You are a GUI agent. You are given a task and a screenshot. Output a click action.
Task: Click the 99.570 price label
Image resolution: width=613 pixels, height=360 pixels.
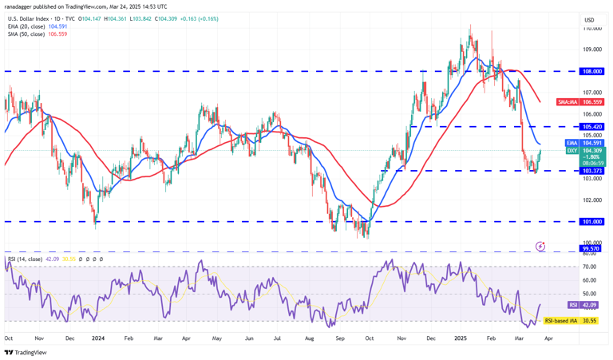pos(590,249)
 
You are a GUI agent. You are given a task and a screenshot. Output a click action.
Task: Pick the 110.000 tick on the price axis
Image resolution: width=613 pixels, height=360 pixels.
pos(591,28)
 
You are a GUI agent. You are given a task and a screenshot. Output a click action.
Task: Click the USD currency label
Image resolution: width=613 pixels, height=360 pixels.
pos(590,20)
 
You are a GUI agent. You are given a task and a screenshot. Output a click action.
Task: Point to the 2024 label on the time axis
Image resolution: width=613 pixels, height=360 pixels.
pos(98,338)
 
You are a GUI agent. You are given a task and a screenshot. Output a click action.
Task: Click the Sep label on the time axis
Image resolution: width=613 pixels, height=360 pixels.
pos(341,338)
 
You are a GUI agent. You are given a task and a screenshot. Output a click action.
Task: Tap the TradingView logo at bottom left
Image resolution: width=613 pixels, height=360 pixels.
pos(25,352)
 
